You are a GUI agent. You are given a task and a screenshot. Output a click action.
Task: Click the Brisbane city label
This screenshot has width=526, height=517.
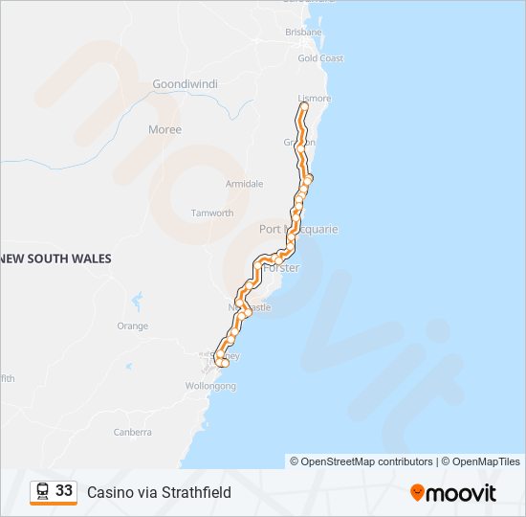pyautogui.click(x=303, y=32)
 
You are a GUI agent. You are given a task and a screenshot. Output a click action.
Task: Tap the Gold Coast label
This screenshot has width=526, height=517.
pyautogui.click(x=320, y=58)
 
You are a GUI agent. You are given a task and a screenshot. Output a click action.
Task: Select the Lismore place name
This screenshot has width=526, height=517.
pyautogui.click(x=315, y=99)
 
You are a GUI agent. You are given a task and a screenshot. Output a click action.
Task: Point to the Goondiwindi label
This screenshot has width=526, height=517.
pyautogui.click(x=186, y=84)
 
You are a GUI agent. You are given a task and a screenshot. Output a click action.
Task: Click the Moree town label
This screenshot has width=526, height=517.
pyautogui.click(x=164, y=129)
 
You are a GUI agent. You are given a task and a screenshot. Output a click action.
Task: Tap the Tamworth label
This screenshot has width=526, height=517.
pyautogui.click(x=212, y=214)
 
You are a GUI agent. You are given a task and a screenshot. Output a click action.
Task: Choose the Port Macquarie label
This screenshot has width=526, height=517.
pyautogui.click(x=298, y=230)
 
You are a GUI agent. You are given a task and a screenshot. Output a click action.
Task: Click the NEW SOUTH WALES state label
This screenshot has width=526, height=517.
pyautogui.click(x=56, y=258)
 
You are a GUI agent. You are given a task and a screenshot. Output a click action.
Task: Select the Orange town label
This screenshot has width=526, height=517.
pyautogui.click(x=133, y=326)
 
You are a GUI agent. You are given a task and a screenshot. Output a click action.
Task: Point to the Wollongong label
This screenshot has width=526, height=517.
pyautogui.click(x=210, y=387)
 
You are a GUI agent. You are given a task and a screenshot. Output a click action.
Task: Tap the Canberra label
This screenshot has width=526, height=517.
pyautogui.click(x=132, y=432)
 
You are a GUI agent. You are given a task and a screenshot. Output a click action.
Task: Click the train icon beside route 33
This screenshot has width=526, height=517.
pyautogui.click(x=43, y=491)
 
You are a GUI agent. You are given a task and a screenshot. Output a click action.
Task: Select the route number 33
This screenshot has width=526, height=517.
pyautogui.click(x=64, y=491)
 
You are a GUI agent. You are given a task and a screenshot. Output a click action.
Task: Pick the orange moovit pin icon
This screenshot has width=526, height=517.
pyautogui.click(x=417, y=493)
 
